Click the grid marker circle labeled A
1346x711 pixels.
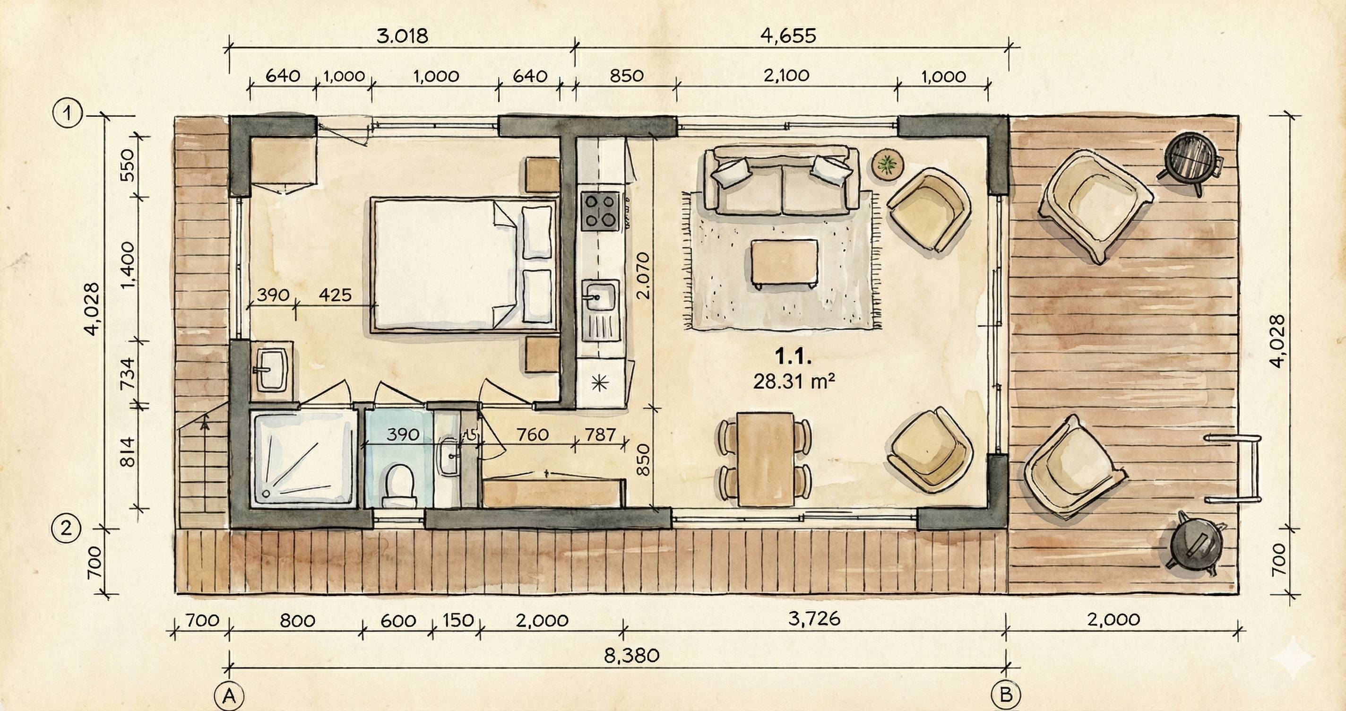click(229, 696)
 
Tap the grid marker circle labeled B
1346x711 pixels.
click(1006, 695)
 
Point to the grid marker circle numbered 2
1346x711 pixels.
click(66, 529)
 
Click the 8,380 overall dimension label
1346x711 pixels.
click(632, 655)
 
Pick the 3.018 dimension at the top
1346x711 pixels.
click(402, 36)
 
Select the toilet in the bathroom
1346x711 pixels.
click(399, 485)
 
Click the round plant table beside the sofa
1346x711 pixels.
click(887, 165)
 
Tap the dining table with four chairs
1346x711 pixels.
click(766, 459)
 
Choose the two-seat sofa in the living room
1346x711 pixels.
click(782, 181)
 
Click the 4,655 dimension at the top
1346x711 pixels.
click(789, 36)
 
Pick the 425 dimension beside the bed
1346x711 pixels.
click(335, 295)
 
